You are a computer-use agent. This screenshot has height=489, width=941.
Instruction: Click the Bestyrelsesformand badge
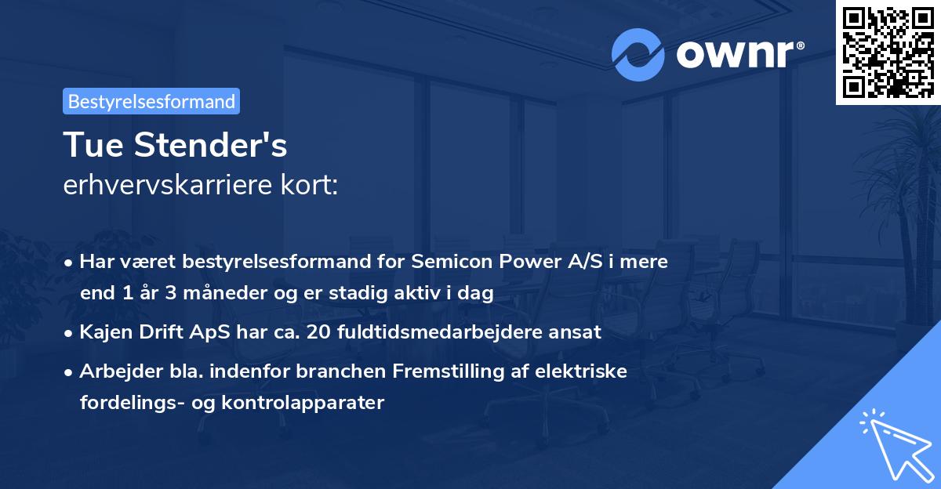click(151, 101)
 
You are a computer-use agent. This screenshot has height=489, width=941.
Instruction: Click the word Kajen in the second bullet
click(104, 331)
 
